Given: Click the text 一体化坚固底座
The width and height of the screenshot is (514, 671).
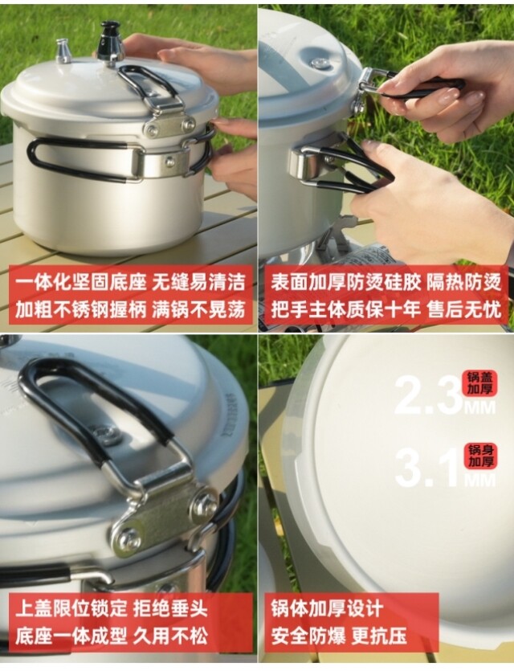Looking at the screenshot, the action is [81, 283].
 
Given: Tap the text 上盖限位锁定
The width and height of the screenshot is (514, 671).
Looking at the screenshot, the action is [71, 608].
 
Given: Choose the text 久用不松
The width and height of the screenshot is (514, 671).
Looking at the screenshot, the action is [170, 636].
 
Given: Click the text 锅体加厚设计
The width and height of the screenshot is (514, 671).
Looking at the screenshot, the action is [327, 608].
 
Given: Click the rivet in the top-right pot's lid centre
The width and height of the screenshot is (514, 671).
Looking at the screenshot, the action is [319, 63].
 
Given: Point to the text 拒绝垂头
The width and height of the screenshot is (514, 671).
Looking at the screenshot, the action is [170, 608].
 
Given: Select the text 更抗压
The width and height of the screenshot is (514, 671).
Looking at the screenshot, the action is [379, 636].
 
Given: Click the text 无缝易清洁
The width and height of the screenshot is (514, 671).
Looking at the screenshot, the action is [199, 283].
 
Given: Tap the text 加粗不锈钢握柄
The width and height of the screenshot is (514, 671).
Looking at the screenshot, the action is [81, 309].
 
